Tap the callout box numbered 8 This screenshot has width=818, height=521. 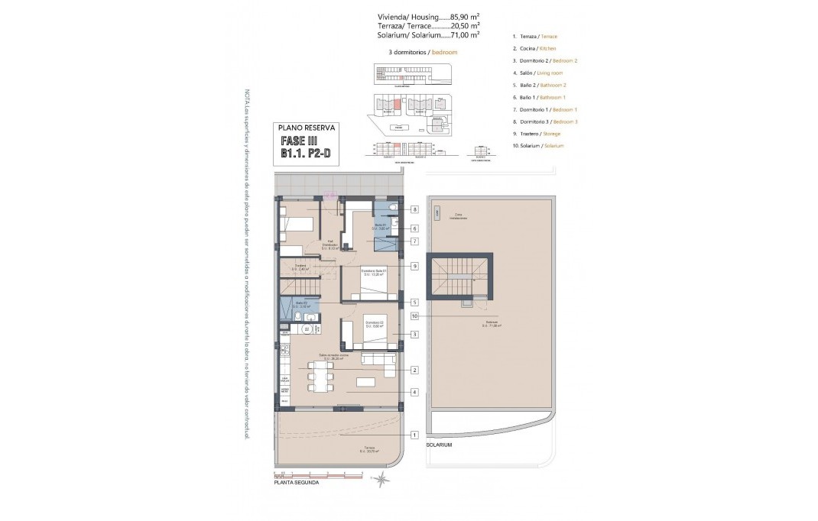click(x=414, y=209)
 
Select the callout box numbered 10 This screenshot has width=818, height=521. click(x=414, y=315)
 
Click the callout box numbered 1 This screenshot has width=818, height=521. click(x=414, y=434)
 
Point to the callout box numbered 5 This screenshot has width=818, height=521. click(x=414, y=302)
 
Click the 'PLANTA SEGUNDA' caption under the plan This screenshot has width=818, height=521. click(x=297, y=482)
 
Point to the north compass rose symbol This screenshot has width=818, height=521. click(x=381, y=478)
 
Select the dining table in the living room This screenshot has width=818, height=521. click(x=320, y=374)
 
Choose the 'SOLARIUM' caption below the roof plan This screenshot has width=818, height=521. click(x=440, y=445)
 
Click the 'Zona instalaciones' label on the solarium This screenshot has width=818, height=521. click(x=459, y=216)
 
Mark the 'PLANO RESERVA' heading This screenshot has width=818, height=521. click(x=306, y=128)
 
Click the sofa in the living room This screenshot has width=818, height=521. click(x=378, y=360)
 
